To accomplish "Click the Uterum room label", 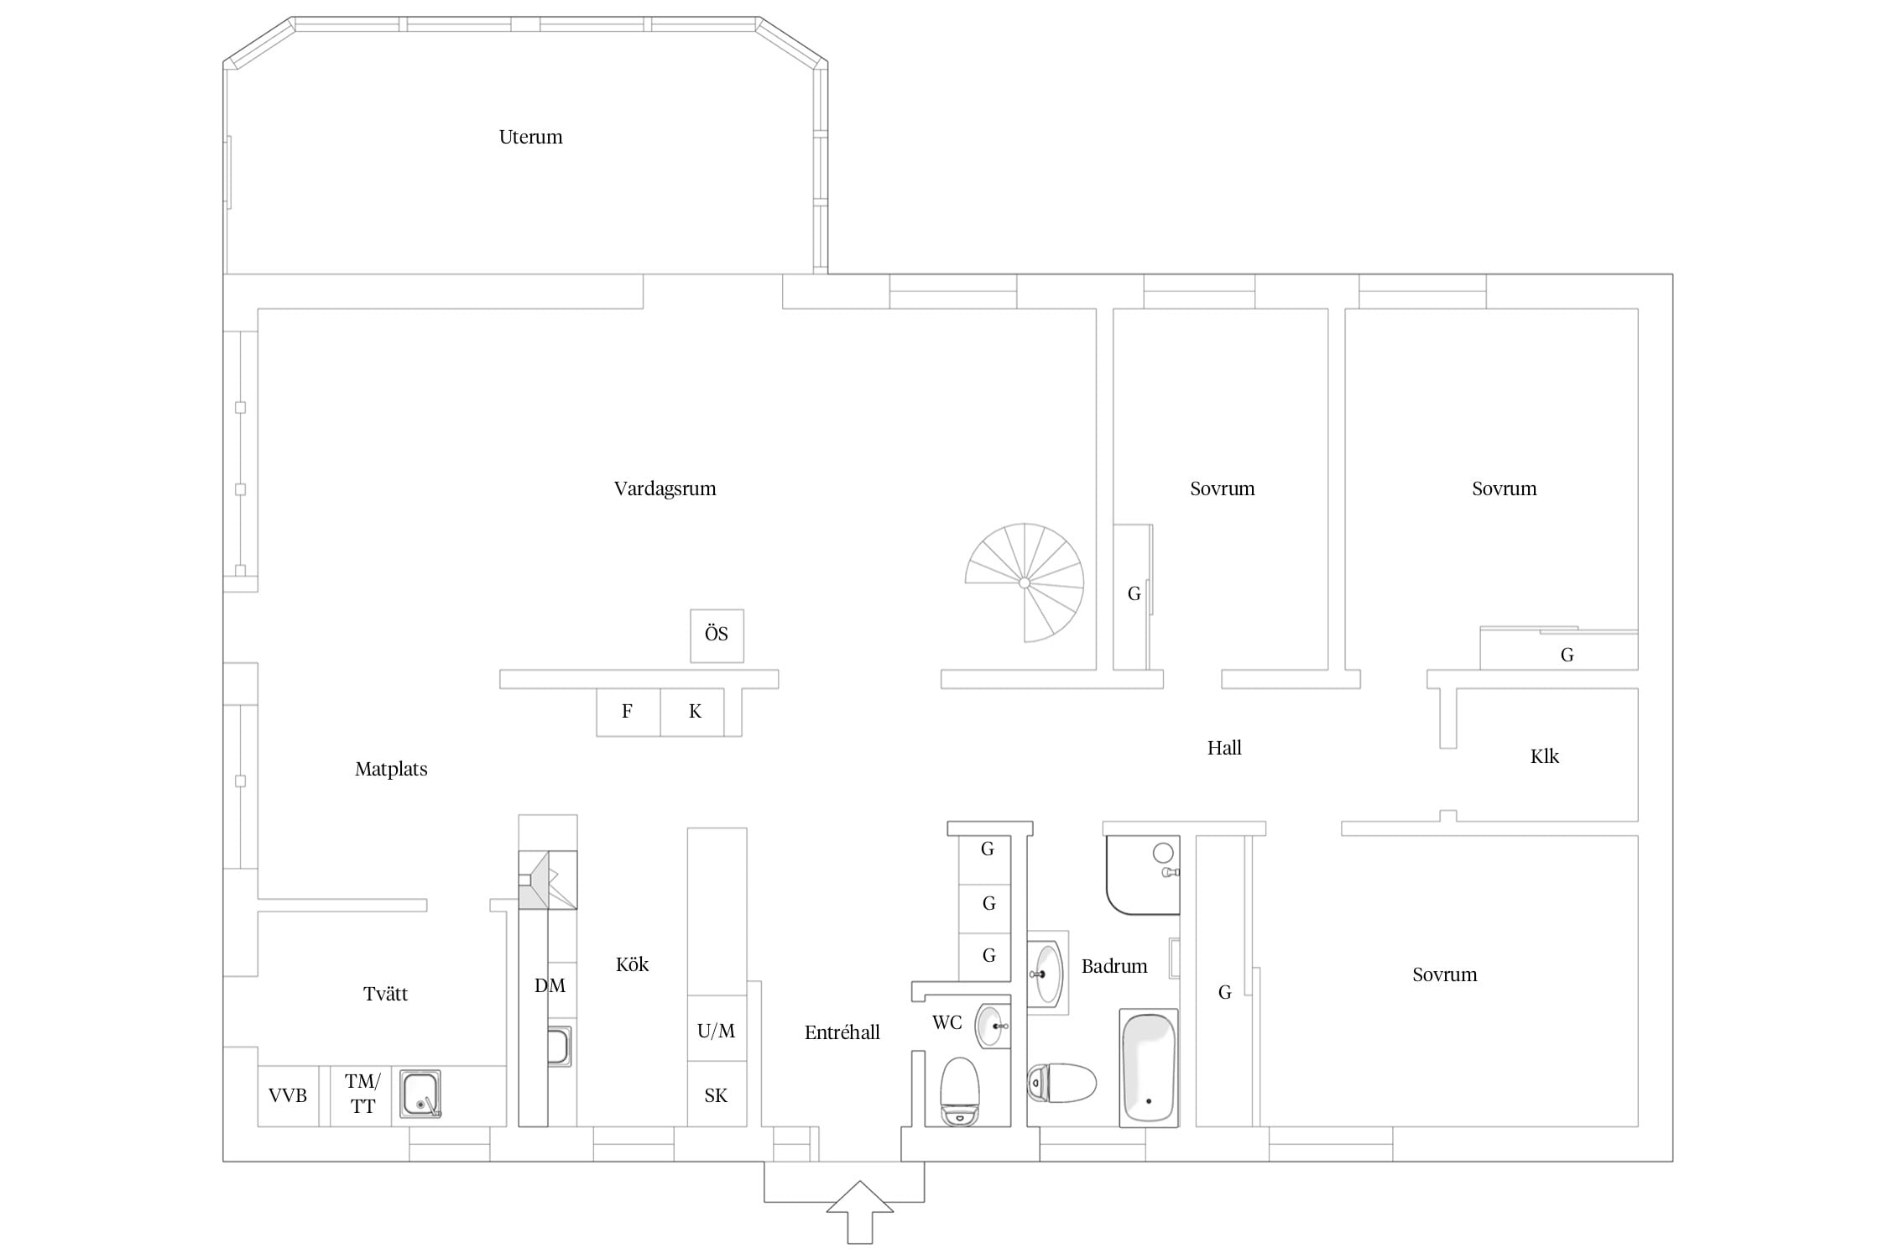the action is [530, 137].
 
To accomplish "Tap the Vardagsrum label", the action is [665, 488].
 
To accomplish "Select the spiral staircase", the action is [1025, 582].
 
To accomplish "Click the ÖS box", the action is [717, 635].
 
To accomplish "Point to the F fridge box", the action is [628, 712].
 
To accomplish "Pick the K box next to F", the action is [692, 712].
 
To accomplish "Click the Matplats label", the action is [391, 769].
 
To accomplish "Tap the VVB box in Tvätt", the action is [288, 1095].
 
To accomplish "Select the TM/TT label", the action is [362, 1094].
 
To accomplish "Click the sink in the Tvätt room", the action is [420, 1094].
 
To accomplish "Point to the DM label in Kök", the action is [550, 985].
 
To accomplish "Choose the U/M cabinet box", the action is [717, 1029].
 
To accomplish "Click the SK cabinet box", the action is [717, 1094].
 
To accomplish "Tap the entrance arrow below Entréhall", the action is [859, 1212].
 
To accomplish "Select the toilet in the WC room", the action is [960, 1091].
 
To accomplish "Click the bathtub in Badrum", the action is [1149, 1068].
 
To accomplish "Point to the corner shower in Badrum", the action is [1143, 875].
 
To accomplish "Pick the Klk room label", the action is [1545, 756].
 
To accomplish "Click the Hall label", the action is [1224, 748].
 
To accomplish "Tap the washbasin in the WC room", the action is [992, 1026].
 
